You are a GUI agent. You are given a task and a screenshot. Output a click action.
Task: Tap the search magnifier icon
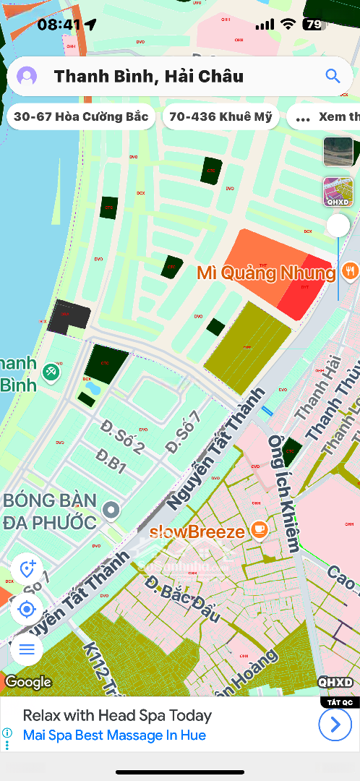coord(333,76)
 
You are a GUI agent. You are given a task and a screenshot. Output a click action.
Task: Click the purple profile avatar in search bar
coord(27,76)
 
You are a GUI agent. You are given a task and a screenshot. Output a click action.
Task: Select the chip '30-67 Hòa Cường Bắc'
coord(81,116)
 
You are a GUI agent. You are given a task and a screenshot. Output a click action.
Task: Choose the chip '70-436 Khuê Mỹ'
coord(220,116)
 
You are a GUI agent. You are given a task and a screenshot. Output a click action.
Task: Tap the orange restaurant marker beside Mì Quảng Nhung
coord(350,272)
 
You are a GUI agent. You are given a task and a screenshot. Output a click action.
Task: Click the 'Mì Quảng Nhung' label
coord(266,273)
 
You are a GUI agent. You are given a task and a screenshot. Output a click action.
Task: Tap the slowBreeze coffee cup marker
coord(259,532)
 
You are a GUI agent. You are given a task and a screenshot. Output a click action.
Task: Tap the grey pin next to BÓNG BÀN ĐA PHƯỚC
coord(111,511)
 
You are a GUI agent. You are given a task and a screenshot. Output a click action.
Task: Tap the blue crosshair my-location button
coord(27,609)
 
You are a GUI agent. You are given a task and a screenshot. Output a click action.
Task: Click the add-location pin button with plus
coord(27,569)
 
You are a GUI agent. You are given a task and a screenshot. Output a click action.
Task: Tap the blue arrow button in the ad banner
coord(335,724)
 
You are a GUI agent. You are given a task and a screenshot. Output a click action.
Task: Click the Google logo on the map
coord(29,682)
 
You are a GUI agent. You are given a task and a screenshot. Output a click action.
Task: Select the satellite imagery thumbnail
coord(338,152)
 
